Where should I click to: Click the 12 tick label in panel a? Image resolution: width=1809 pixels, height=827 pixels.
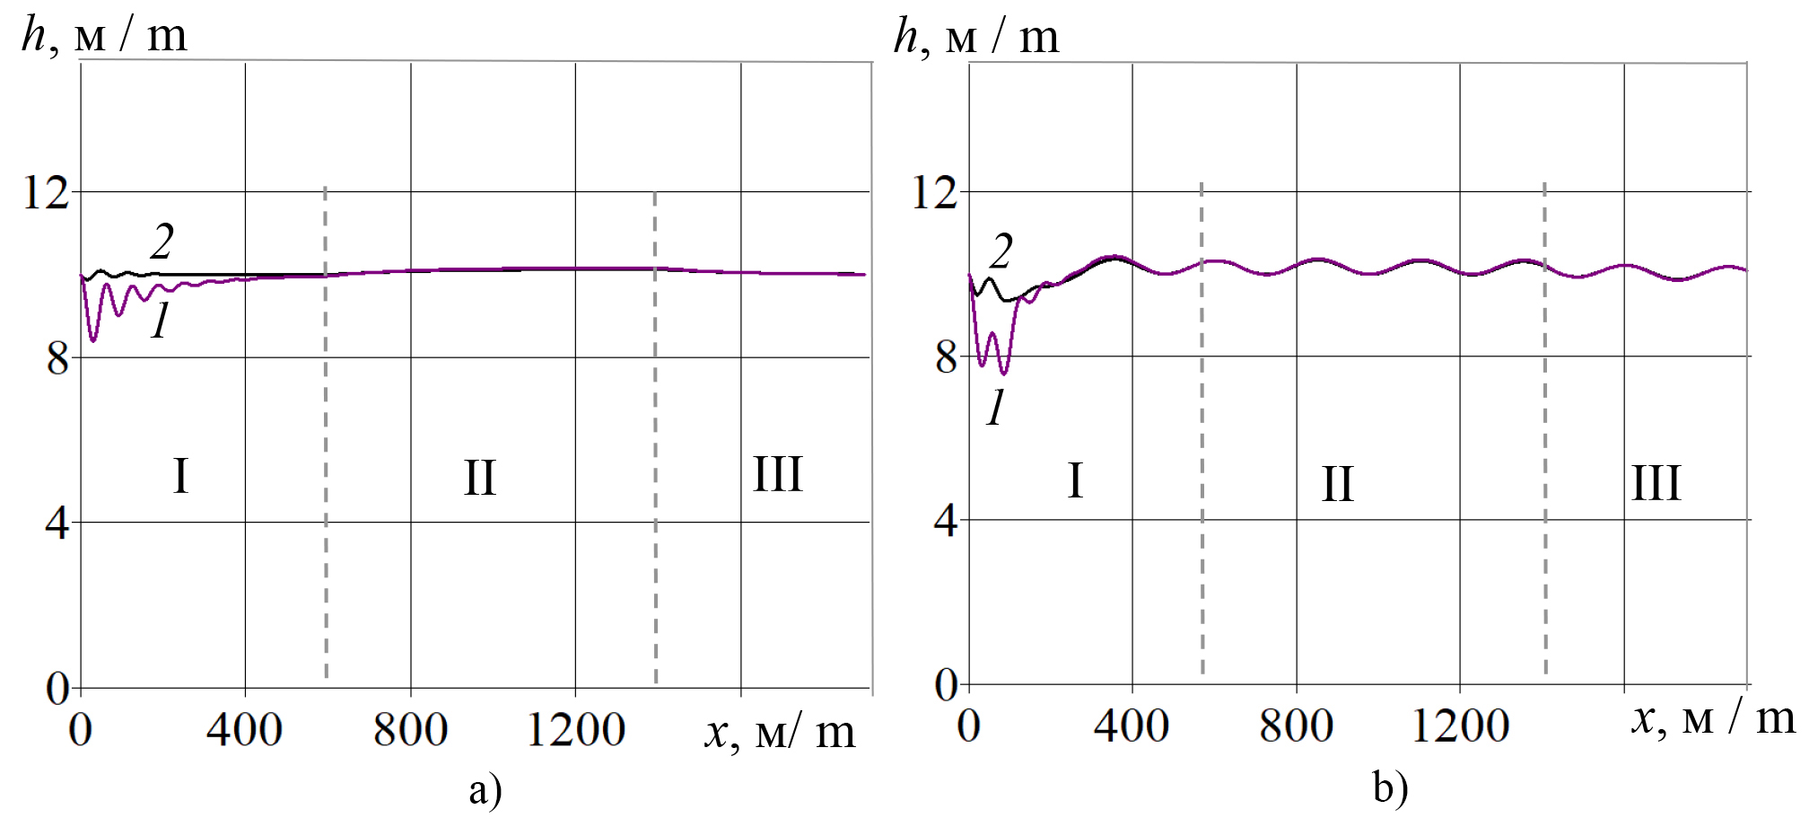pos(46,192)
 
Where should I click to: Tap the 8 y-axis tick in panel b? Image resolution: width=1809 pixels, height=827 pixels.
pos(946,358)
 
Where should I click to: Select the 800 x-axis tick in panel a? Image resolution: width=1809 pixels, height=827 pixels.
pos(410,729)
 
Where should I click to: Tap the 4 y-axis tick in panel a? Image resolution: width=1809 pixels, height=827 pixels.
pos(57,523)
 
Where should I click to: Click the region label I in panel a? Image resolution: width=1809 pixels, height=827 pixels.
pos(180,476)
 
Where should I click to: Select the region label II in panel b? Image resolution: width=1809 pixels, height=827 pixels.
pos(1337,485)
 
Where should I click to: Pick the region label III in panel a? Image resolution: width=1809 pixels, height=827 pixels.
pos(777,474)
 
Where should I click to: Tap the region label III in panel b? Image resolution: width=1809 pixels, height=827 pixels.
pos(1656,483)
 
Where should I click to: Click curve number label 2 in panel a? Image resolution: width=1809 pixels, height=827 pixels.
pos(162,242)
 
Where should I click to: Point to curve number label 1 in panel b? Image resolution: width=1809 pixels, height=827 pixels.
pos(996,409)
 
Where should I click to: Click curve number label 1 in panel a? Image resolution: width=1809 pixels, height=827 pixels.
pos(161,321)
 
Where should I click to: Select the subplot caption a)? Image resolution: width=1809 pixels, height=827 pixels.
pos(485,790)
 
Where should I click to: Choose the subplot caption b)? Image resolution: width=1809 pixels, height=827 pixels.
pos(1390,788)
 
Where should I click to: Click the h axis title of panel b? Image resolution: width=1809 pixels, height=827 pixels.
pos(976,38)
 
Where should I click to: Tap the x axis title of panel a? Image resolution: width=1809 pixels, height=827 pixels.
pos(779,732)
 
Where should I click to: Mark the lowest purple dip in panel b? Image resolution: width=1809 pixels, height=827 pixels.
pos(1004,373)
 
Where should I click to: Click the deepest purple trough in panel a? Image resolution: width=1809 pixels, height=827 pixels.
pos(92,340)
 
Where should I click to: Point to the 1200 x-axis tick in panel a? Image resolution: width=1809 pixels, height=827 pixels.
pos(575,729)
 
